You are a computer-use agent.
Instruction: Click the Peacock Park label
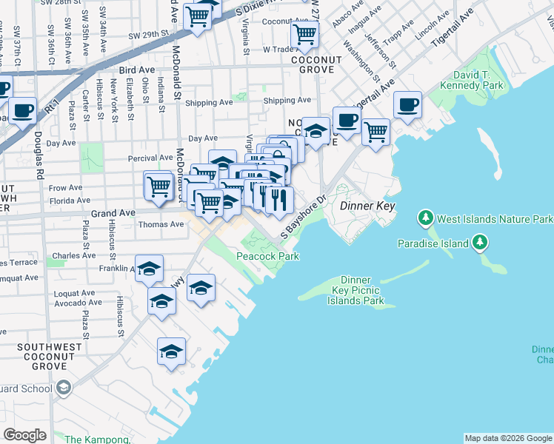click(x=267, y=256)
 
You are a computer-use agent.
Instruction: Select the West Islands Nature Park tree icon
click(x=426, y=219)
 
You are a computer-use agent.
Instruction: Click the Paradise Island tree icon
click(x=480, y=243)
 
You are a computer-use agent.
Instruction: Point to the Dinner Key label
click(x=367, y=206)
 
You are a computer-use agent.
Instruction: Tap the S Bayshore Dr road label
click(x=304, y=218)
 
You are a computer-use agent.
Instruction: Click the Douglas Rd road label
click(x=37, y=156)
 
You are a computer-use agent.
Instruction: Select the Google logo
click(x=25, y=435)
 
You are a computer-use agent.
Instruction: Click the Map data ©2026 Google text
click(x=507, y=438)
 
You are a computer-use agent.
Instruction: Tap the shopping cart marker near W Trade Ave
click(x=304, y=34)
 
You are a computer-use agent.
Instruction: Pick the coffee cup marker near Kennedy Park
click(x=407, y=104)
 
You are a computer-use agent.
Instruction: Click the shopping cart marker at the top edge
click(x=198, y=15)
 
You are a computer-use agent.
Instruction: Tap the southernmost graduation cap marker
click(x=171, y=351)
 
